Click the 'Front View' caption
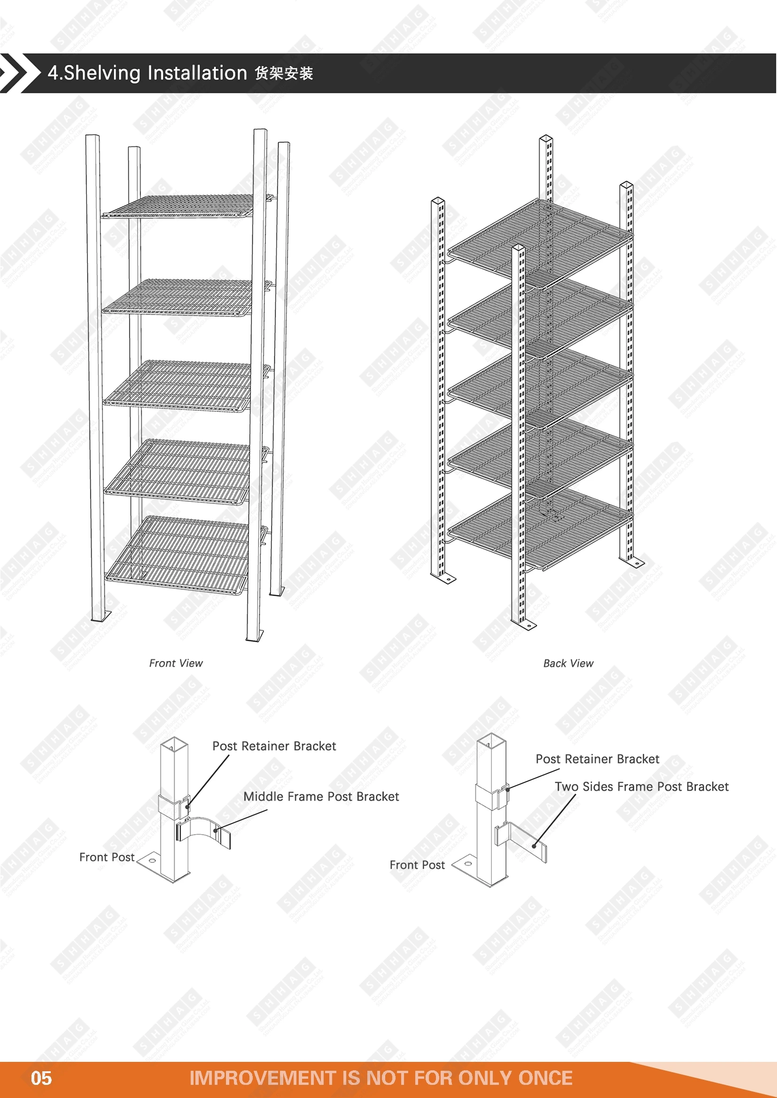[x=176, y=663]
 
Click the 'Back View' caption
[x=568, y=663]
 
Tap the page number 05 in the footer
[x=41, y=1078]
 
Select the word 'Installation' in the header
[x=197, y=73]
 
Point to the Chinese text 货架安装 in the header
[x=284, y=73]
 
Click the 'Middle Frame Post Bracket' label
[x=321, y=796]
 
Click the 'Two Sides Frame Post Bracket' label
[x=642, y=787]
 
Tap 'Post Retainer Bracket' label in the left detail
[x=274, y=746]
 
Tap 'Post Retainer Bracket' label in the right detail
[x=597, y=759]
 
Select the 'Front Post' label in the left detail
[x=107, y=857]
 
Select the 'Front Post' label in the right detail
[x=417, y=865]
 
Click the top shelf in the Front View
[x=182, y=206]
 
